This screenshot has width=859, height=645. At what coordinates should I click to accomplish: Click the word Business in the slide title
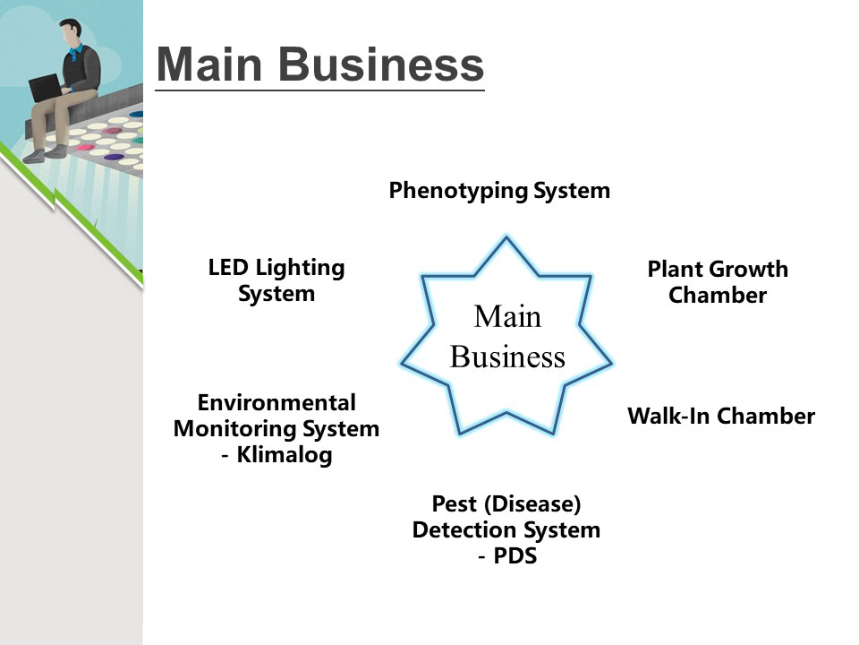pos(380,64)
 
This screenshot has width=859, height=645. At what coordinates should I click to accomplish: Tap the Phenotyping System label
pos(499,191)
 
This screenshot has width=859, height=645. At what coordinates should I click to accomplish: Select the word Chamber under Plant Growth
pos(718,296)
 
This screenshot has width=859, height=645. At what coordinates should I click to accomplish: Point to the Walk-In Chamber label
pos(721,417)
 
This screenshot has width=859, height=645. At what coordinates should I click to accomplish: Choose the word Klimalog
pos(285,455)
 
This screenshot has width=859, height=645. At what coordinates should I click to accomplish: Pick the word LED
pos(228,267)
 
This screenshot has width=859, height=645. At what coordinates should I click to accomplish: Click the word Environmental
pos(276,402)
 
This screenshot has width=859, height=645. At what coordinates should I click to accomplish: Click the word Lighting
pos(300,268)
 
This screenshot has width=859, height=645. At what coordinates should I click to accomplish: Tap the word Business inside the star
pos(507,357)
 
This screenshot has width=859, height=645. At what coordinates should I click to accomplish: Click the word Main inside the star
pos(507,316)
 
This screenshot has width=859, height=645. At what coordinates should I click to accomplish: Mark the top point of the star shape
pos(506,238)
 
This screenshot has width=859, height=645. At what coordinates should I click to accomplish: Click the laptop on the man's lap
pos(46,89)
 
